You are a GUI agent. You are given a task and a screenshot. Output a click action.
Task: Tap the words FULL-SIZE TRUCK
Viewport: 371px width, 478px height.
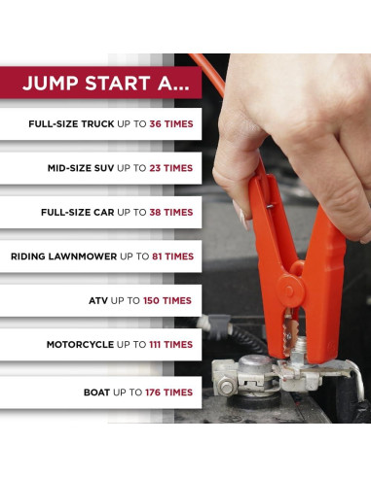point(71,124)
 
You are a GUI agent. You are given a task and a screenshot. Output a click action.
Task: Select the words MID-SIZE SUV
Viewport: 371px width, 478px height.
point(80,168)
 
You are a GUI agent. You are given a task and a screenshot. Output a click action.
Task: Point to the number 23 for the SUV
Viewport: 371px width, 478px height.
point(157,168)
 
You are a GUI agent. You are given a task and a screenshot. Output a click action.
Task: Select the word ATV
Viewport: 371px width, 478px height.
point(100,301)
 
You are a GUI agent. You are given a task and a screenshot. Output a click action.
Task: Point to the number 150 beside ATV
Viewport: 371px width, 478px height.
point(153,301)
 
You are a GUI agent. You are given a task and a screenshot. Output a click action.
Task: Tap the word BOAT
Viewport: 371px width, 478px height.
point(99,393)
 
